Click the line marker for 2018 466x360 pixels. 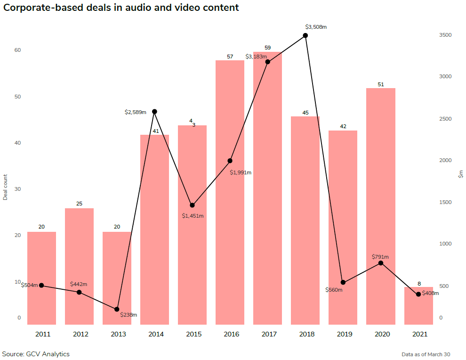305,35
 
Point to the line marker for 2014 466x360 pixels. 154,112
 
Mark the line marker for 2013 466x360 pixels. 117,309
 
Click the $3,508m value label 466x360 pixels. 315,27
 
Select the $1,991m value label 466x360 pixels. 241,172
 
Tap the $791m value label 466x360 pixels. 380,257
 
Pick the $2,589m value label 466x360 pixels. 135,112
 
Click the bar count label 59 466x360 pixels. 268,48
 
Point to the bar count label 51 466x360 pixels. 381,84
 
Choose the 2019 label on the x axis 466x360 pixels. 344,335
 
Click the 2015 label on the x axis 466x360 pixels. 193,335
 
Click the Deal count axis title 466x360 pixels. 5,187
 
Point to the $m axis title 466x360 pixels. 461,175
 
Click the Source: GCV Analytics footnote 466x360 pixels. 36,354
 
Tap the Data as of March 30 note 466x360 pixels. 426,354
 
